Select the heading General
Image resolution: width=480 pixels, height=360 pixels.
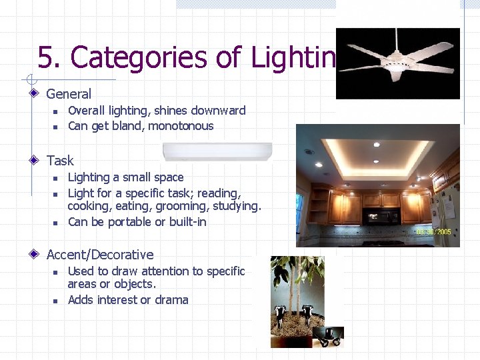[69, 94]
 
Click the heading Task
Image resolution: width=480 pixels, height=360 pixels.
[60, 161]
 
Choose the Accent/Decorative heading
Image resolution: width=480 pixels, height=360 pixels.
[100, 255]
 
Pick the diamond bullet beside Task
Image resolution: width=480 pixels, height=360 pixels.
[34, 160]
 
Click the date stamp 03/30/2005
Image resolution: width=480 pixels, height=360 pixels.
[434, 232]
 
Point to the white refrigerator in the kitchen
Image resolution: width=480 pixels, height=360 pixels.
[449, 213]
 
